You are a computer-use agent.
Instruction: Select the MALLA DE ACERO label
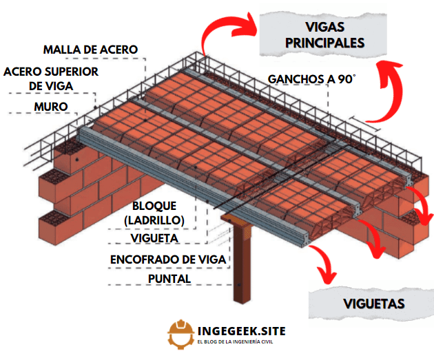(x=90, y=50)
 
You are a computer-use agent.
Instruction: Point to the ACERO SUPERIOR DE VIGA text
(x=50, y=78)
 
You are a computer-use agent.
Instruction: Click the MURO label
(x=51, y=107)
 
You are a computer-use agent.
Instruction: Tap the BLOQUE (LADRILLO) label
(x=154, y=213)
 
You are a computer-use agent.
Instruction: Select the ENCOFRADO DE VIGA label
(x=169, y=260)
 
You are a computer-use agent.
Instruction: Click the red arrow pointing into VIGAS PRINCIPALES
(x=220, y=34)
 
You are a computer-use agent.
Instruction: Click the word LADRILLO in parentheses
(x=154, y=220)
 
